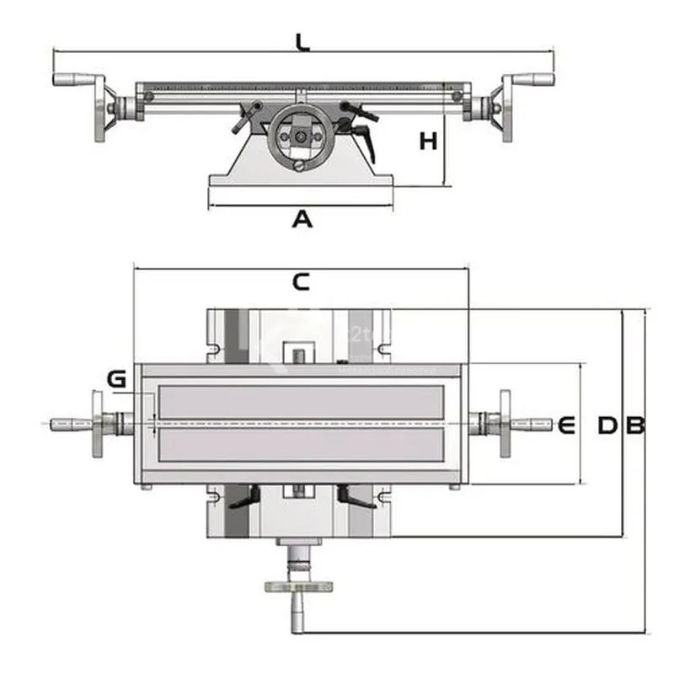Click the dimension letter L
coord(302,40)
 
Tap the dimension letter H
coord(429,141)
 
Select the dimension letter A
coord(302,220)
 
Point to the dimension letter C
coord(301,282)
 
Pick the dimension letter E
coord(565,425)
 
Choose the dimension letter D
coord(607,425)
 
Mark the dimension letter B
coord(634,425)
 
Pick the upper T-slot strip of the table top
coord(300,400)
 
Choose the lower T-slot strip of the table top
coord(300,445)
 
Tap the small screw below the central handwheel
coord(302,166)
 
